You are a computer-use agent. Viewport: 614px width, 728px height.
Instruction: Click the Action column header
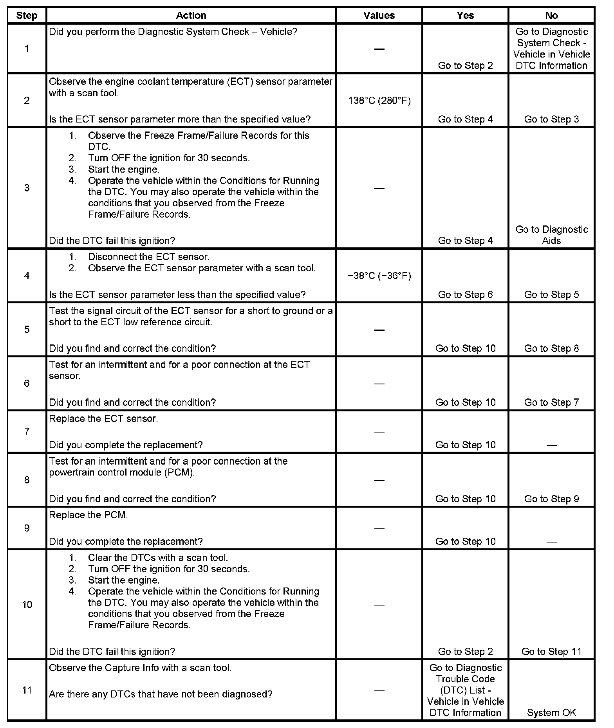pyautogui.click(x=191, y=16)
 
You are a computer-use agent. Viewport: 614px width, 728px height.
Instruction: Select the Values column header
pyautogui.click(x=379, y=16)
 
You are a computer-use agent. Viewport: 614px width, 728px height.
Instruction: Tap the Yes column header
pyautogui.click(x=465, y=16)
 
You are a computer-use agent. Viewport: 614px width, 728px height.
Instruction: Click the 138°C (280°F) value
pyautogui.click(x=379, y=101)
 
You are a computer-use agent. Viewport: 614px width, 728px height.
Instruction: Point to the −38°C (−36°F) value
pyautogui.click(x=379, y=276)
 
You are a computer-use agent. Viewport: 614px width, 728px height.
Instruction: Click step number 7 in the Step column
pyautogui.click(x=27, y=431)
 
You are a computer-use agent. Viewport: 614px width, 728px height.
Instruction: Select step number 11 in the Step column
pyautogui.click(x=27, y=690)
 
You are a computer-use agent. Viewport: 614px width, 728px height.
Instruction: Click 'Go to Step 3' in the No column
pyautogui.click(x=551, y=119)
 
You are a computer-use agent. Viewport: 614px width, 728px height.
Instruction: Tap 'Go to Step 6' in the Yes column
pyautogui.click(x=465, y=295)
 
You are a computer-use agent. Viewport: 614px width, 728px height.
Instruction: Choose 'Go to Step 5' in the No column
pyautogui.click(x=551, y=295)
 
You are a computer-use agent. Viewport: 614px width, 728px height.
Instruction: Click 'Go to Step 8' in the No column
pyautogui.click(x=551, y=348)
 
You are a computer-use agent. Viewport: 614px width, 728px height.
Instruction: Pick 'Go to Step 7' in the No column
pyautogui.click(x=551, y=402)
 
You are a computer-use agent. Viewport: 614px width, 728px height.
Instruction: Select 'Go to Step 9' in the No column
pyautogui.click(x=551, y=499)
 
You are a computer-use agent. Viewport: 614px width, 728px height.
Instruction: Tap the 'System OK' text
pyautogui.click(x=551, y=713)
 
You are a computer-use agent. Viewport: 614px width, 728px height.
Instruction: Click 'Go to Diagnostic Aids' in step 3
pyautogui.click(x=551, y=235)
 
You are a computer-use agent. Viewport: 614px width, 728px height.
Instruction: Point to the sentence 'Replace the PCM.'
pyautogui.click(x=88, y=515)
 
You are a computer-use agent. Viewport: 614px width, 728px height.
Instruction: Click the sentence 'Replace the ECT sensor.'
pyautogui.click(x=103, y=419)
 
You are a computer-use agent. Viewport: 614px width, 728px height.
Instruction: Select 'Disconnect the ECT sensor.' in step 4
pyautogui.click(x=149, y=257)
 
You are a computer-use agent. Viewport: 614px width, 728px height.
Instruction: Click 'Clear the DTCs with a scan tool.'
pyautogui.click(x=158, y=558)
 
